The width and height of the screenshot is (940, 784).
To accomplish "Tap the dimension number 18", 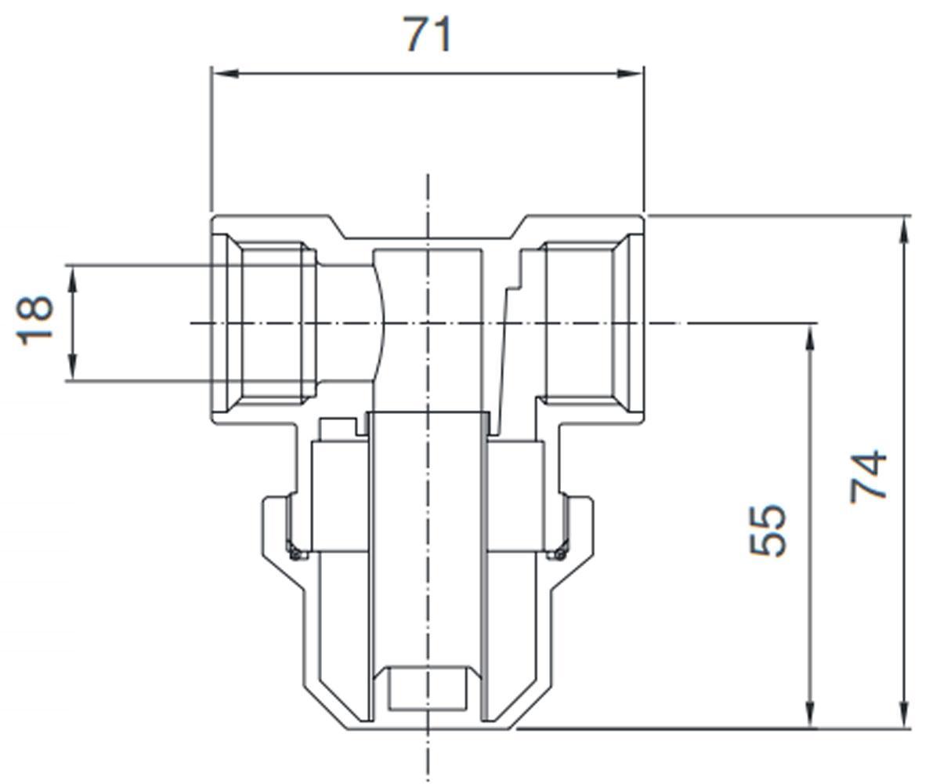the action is tap(34, 321).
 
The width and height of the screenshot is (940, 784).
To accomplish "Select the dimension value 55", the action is tap(767, 530).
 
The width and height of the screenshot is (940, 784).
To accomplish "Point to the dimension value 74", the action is tap(868, 476).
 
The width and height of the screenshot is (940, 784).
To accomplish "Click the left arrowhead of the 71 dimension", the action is tap(225, 74).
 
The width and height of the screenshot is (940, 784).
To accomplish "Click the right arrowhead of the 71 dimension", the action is tap(631, 74).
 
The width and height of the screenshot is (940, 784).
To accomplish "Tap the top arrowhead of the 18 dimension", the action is tap(72, 279).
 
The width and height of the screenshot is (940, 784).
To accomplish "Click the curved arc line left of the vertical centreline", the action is tap(381, 323).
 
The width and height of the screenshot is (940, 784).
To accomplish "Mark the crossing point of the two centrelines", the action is tap(427, 323).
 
